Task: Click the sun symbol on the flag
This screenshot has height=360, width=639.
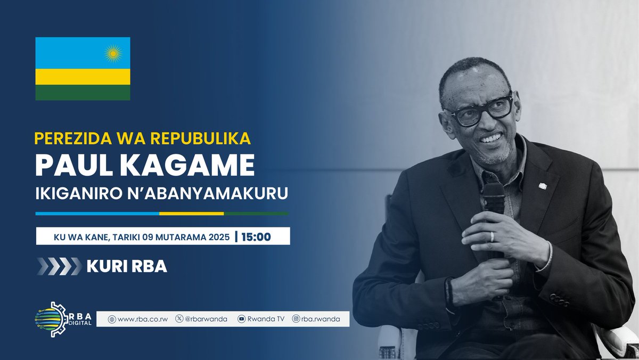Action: pyautogui.click(x=113, y=53)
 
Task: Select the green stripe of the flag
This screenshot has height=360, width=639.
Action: pyautogui.click(x=83, y=92)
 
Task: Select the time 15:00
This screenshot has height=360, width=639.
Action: pyautogui.click(x=256, y=236)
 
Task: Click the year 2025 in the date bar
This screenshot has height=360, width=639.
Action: pyautogui.click(x=219, y=236)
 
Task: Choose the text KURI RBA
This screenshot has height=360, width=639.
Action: pyautogui.click(x=127, y=266)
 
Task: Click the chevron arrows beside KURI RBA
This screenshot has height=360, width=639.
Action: pyautogui.click(x=59, y=266)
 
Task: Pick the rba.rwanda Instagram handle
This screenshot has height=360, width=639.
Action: pyautogui.click(x=318, y=319)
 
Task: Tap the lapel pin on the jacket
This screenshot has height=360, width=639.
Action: pyautogui.click(x=543, y=186)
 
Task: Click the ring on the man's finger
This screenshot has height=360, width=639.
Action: pyautogui.click(x=491, y=236)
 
